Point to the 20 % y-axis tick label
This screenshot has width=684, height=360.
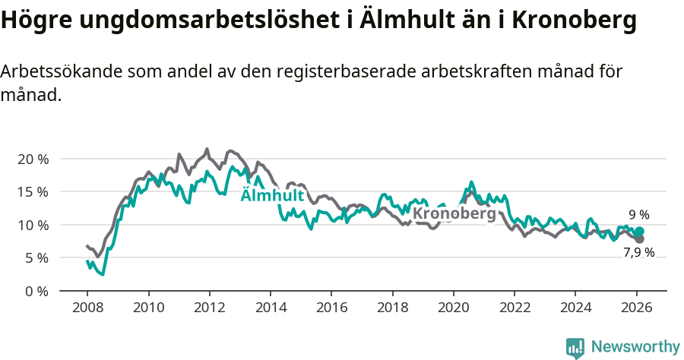pos(33,159)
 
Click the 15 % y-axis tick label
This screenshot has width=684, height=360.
pos(33,191)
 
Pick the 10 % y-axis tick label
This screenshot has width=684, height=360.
pos(33,225)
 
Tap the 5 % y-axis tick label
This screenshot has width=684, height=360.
pos(36,257)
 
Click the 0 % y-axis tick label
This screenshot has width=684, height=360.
pos(36,291)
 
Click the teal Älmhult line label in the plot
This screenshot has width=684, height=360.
pos(272,196)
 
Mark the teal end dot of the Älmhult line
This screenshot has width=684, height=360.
pos(639,232)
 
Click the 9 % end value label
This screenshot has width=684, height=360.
pos(638,215)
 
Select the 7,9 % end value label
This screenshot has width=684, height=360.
pos(638,252)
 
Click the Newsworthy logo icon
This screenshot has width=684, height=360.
pos(575,347)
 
